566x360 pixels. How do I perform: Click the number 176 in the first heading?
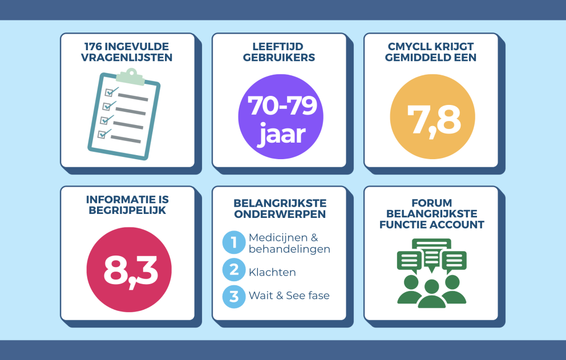point(93,47)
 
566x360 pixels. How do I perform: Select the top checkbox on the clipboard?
point(109,92)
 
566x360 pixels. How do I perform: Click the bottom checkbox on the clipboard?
point(102,134)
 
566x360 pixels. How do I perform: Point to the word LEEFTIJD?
point(278,47)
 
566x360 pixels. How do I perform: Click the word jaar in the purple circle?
point(282,134)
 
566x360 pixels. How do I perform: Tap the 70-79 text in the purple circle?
point(282,106)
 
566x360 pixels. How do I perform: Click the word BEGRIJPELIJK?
point(127,211)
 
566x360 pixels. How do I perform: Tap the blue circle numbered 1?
point(234,242)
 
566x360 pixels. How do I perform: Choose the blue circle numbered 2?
point(234,270)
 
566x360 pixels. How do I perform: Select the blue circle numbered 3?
point(234,297)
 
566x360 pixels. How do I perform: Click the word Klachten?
point(272,272)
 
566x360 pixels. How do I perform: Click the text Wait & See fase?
point(289,296)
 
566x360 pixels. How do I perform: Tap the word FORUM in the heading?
point(432,203)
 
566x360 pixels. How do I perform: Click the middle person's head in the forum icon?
point(432,287)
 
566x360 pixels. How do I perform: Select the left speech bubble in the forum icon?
point(410,261)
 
